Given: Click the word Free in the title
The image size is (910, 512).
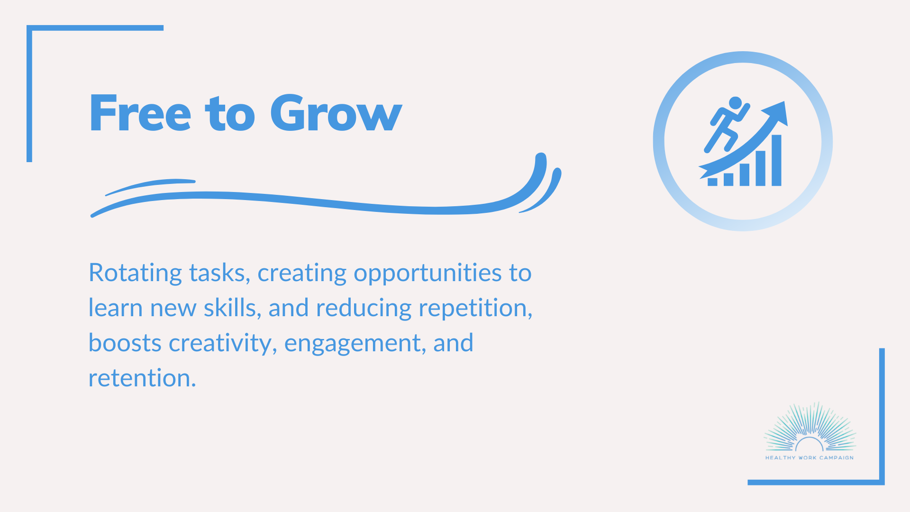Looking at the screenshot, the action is (x=140, y=113).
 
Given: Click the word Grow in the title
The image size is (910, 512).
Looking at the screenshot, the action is (x=336, y=113).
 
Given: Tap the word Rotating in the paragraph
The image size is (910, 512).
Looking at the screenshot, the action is (x=135, y=274).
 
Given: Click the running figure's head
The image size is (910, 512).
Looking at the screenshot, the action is (x=735, y=103).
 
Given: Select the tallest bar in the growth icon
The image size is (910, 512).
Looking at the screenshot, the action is (x=776, y=160).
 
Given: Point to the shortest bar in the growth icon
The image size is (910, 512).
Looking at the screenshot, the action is (x=712, y=182).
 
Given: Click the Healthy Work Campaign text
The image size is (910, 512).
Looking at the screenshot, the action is (x=810, y=458).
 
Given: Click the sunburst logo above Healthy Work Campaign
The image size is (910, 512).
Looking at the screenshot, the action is (x=810, y=427).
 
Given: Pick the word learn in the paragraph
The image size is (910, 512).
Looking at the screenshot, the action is (x=116, y=308).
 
